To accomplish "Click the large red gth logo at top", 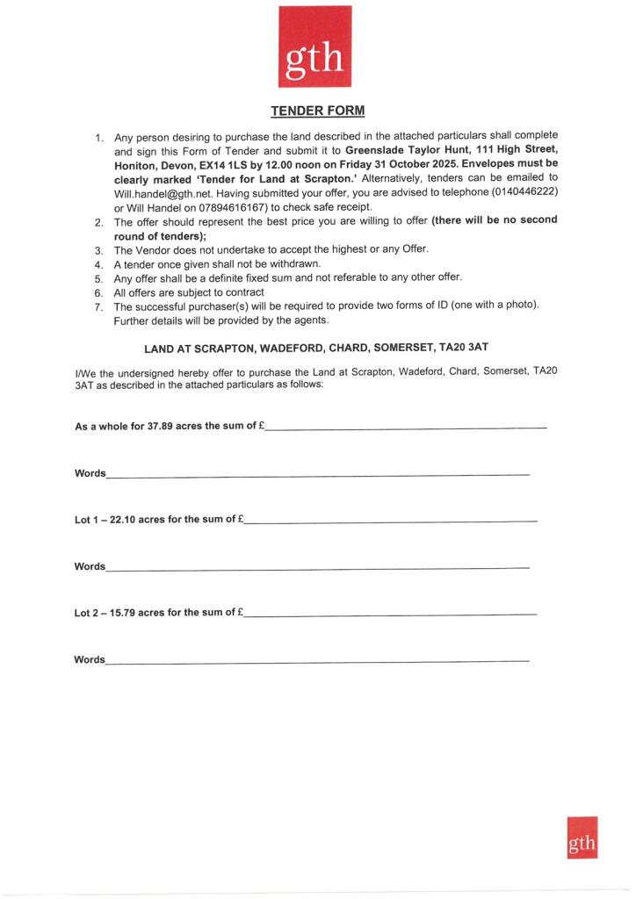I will tap(314, 47).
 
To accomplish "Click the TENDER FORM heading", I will tap(316, 111).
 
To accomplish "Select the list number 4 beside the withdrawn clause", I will tap(98, 263).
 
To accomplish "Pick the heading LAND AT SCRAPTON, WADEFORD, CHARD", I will tap(315, 348).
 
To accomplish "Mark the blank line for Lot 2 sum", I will tap(390, 614).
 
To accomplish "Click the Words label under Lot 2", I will tap(90, 658).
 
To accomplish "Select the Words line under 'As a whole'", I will tap(317, 476).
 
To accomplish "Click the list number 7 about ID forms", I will tap(98, 306).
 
